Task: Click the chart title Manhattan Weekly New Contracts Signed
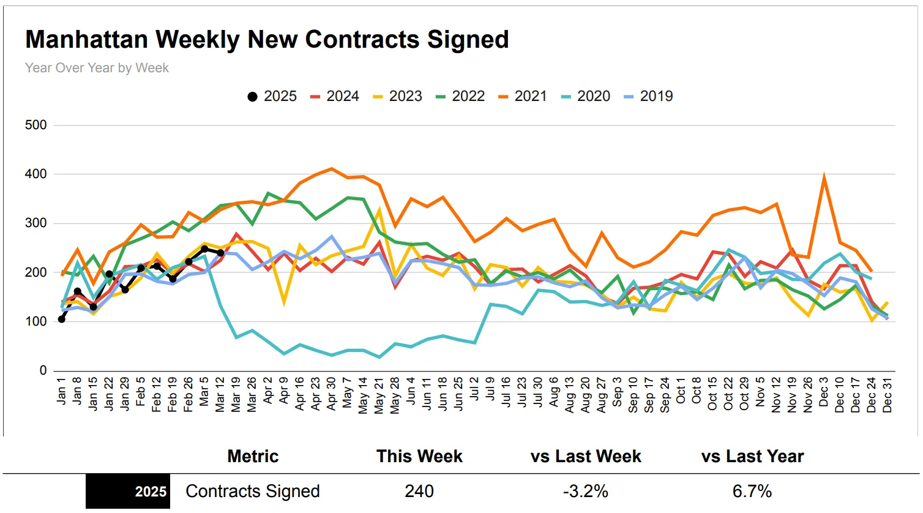click(x=267, y=40)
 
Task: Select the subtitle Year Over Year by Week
click(x=97, y=68)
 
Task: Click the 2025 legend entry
click(x=272, y=96)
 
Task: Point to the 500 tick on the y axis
click(x=35, y=125)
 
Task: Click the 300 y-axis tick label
click(x=35, y=223)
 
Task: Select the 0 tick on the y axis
click(x=43, y=370)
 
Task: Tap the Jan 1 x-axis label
click(x=61, y=391)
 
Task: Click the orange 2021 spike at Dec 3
click(x=824, y=177)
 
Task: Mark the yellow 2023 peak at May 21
click(x=379, y=210)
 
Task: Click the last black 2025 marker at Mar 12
click(x=220, y=253)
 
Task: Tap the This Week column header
click(x=419, y=457)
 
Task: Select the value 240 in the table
click(x=419, y=492)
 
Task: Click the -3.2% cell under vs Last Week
click(x=586, y=492)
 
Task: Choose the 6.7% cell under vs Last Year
click(x=752, y=492)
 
